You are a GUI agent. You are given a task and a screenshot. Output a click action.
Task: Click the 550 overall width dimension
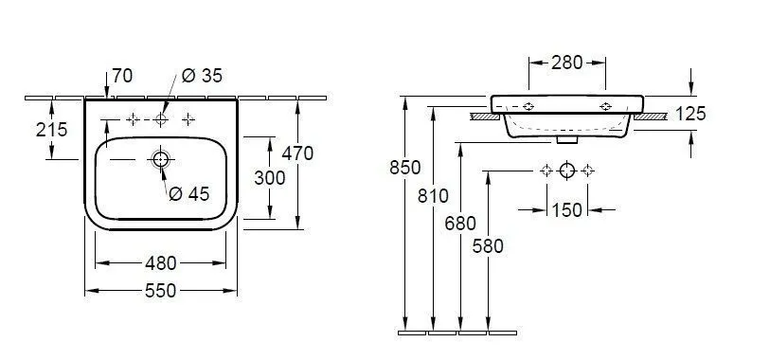160,291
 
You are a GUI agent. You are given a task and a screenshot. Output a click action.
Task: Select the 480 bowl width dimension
160,263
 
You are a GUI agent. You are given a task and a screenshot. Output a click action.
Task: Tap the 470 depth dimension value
297,153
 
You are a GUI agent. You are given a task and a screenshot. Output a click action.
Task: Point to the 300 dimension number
270,178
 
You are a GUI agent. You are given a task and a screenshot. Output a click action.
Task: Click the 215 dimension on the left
51,130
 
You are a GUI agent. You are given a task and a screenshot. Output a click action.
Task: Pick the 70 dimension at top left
122,76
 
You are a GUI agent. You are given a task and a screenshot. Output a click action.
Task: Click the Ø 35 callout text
202,76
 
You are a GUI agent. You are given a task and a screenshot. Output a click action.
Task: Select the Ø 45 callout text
189,194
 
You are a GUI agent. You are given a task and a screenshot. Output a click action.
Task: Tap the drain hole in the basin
160,159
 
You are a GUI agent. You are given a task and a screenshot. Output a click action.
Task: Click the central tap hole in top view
161,118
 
